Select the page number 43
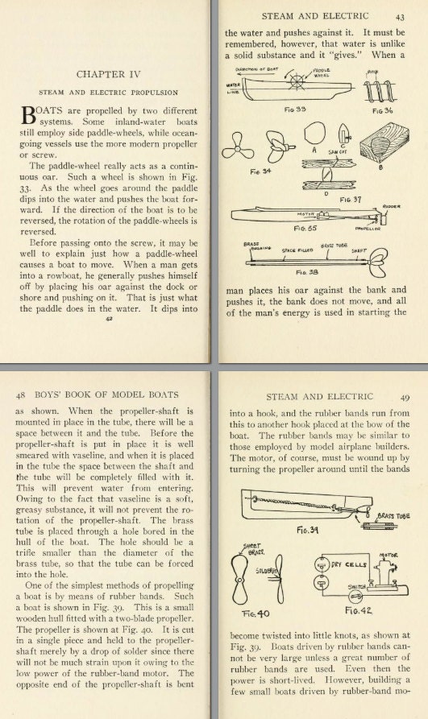click(x=400, y=15)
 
